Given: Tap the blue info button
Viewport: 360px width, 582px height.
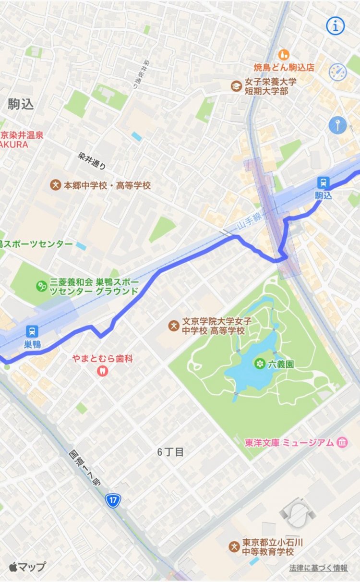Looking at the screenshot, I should click(x=336, y=26).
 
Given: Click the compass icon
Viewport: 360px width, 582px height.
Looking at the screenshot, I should click(x=337, y=72).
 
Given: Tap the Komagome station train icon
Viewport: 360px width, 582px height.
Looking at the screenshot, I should click(x=323, y=182).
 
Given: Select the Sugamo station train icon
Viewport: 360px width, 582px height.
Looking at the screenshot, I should click(x=32, y=331).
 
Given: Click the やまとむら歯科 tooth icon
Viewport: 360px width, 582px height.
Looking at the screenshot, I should click(x=102, y=371).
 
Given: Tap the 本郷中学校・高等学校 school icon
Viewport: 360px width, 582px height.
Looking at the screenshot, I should click(x=56, y=185).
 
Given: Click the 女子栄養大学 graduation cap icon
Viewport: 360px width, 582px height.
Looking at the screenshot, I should click(x=236, y=86).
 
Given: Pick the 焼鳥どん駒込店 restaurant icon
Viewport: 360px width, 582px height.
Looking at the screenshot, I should click(x=284, y=54).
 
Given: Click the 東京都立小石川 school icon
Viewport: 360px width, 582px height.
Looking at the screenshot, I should click(x=234, y=547).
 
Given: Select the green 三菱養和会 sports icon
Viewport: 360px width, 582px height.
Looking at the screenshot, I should click(x=42, y=286).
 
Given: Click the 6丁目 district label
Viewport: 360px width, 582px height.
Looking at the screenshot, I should click(x=170, y=452).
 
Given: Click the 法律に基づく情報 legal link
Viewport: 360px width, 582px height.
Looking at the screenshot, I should click(x=318, y=568).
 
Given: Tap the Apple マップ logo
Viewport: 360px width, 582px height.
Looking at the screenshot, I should click(x=27, y=567).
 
